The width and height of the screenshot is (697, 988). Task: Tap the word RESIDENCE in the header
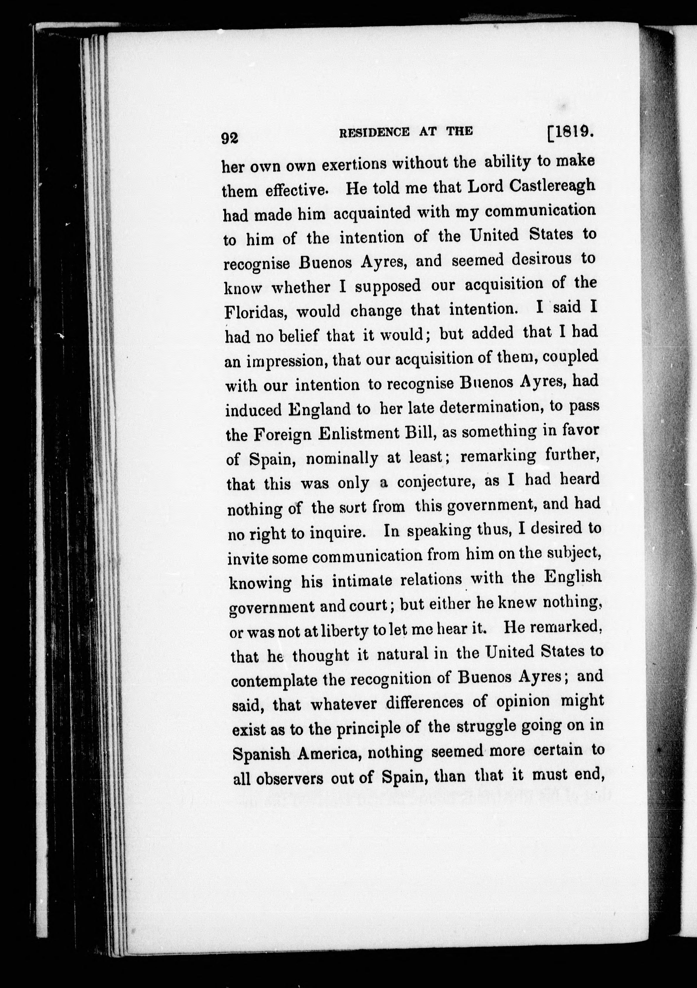pyautogui.click(x=374, y=132)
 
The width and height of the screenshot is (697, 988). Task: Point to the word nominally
pyautogui.click(x=342, y=459)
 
